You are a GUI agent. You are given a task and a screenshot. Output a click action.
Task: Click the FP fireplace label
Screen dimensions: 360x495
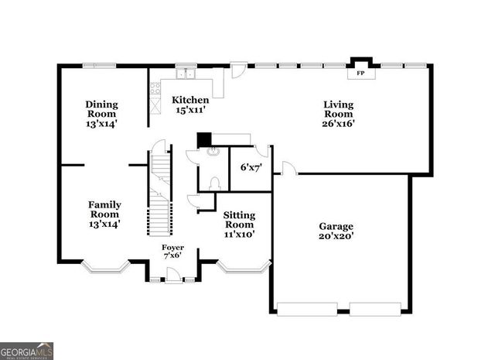360,75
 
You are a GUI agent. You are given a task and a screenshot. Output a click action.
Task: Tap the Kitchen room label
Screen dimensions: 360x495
190,100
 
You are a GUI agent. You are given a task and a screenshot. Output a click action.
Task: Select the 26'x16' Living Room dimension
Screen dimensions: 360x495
339,123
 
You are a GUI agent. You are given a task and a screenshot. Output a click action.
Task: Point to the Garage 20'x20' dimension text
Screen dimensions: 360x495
336,236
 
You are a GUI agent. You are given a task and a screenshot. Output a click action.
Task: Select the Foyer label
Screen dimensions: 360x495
172,247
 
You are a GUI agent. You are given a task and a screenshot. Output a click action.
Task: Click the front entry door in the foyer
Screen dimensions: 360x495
173,275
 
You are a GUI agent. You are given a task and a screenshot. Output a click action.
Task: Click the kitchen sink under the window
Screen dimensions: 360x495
185,74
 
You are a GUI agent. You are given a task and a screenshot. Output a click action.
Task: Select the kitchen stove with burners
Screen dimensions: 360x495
154,89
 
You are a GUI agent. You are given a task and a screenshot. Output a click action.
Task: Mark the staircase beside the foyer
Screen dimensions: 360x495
159,194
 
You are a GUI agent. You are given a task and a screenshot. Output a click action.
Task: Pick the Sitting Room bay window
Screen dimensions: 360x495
244,268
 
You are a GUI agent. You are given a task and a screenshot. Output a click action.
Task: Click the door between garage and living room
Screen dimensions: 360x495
286,168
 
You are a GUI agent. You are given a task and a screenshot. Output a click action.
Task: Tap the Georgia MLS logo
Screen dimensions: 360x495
27,350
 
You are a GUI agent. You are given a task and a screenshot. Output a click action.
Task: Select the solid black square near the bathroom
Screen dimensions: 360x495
204,140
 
